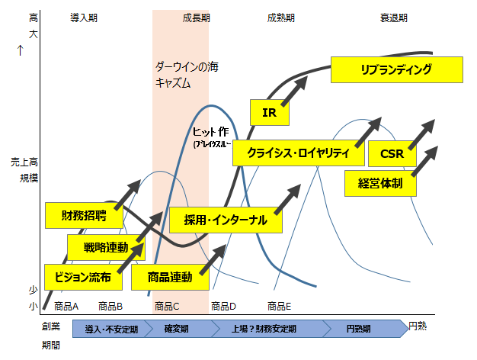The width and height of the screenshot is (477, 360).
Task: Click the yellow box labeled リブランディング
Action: [x=397, y=70]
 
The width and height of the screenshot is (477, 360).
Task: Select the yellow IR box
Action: [x=268, y=112]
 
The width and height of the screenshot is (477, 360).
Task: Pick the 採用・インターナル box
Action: [x=226, y=220]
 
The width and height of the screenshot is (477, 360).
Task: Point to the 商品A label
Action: [x=67, y=307]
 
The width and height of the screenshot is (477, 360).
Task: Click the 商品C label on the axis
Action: [x=168, y=307]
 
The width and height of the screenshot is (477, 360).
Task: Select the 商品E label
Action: [x=278, y=307]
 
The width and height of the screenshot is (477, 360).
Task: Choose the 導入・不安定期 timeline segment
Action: [x=112, y=329]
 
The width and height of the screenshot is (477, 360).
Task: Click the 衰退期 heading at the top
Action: [x=395, y=17]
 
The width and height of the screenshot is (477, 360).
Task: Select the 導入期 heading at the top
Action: [x=83, y=17]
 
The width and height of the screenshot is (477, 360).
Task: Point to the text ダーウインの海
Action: [x=183, y=66]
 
